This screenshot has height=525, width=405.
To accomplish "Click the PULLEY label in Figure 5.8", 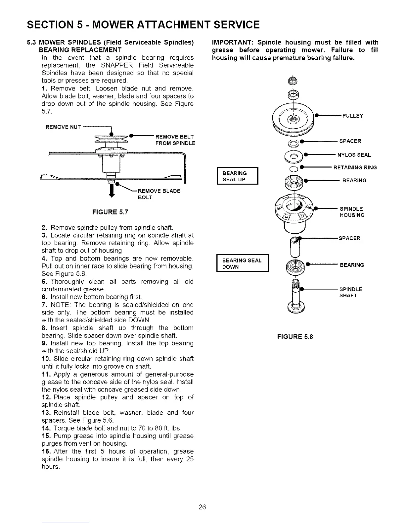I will pyautogui.click(x=353, y=116).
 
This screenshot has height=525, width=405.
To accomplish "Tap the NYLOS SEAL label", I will pyautogui.click(x=354, y=155).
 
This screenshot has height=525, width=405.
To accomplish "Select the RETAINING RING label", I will pyautogui.click(x=355, y=167).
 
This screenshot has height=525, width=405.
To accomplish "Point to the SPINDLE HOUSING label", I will pyautogui.click(x=352, y=212).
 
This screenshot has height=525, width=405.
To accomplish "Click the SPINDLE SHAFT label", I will pyautogui.click(x=351, y=292).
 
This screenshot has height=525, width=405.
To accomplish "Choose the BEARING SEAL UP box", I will pyautogui.click(x=237, y=176).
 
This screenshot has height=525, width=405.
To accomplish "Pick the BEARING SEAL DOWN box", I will pyautogui.click(x=242, y=263).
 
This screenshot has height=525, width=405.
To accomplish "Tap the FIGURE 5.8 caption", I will pyautogui.click(x=295, y=337).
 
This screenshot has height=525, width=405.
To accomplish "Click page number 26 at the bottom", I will pyautogui.click(x=202, y=507).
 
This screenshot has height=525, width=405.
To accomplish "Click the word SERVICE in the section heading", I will pyautogui.click(x=237, y=25).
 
